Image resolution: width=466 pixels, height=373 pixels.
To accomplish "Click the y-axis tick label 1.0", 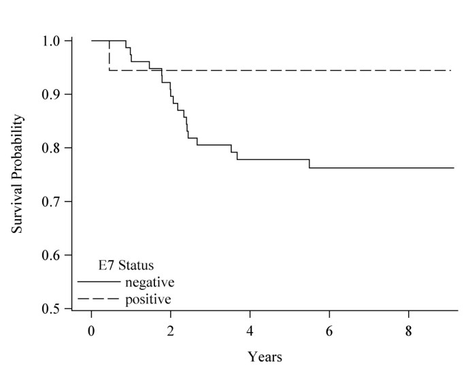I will [x=54, y=41].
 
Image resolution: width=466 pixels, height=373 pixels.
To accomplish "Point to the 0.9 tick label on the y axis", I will [x=54, y=94].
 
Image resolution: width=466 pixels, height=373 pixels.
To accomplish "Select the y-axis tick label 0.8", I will [x=54, y=148].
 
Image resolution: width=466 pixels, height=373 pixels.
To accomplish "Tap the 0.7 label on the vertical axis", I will [x=54, y=201].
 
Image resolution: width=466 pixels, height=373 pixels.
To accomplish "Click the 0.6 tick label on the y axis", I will [x=54, y=255].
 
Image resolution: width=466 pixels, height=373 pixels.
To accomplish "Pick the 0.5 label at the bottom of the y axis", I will [x=54, y=309].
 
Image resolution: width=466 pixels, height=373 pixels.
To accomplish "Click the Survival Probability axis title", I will [x=18, y=174].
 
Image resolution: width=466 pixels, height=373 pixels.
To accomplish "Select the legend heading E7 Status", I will [x=127, y=265].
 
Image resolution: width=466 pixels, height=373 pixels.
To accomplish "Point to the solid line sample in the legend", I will [x=97, y=280].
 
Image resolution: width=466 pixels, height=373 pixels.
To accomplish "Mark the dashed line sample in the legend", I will [x=97, y=298].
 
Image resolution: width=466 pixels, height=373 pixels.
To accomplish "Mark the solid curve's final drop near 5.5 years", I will [x=310, y=163].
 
